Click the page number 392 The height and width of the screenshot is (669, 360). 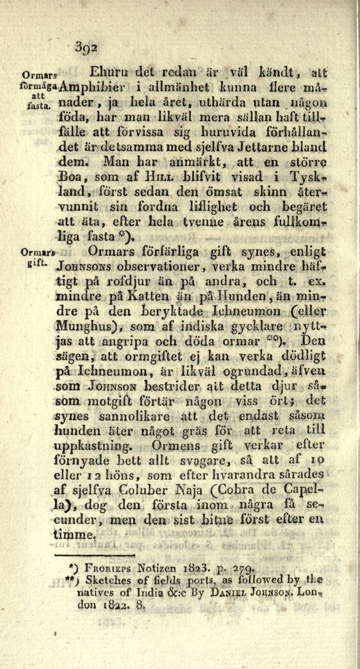pyautogui.click(x=85, y=46)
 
